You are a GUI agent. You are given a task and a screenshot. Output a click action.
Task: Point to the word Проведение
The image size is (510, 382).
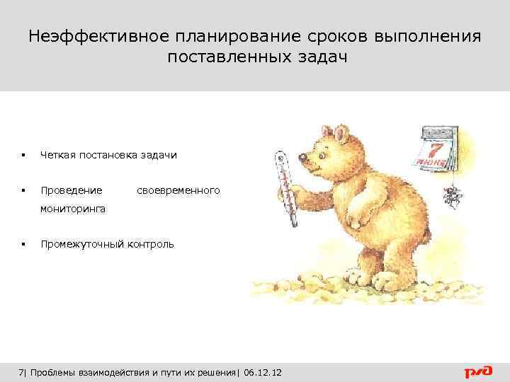(x=72, y=190)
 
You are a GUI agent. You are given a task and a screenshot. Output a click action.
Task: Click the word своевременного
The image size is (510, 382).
(x=178, y=190)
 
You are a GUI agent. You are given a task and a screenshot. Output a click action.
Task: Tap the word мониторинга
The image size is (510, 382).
(x=74, y=209)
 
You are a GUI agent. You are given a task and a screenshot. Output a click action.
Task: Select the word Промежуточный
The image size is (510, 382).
(x=81, y=244)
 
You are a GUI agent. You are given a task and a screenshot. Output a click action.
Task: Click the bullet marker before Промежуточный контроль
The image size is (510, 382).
(x=24, y=245)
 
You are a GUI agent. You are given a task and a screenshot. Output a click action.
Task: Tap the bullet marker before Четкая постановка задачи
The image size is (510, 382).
(x=24, y=155)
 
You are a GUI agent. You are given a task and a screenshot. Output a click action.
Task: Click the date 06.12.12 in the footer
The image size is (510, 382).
(x=262, y=372)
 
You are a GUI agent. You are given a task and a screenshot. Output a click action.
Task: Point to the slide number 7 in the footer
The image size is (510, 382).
(x=21, y=372)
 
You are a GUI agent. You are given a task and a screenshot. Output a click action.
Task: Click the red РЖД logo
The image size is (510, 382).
(x=480, y=371)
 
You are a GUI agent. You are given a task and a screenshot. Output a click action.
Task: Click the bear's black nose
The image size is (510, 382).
(x=302, y=157)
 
